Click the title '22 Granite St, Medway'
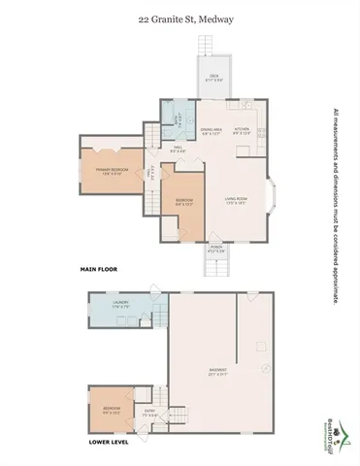point(180,17)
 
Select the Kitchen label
point(243,129)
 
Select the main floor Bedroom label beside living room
point(184,203)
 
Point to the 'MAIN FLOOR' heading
point(98,267)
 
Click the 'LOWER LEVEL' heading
point(107,442)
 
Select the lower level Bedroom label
point(113,409)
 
